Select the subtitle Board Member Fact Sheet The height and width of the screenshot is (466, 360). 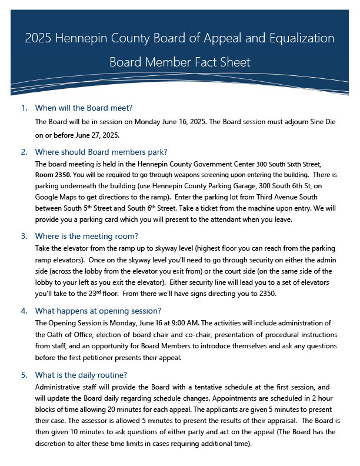coord(180,62)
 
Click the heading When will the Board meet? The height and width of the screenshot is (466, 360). coord(84,108)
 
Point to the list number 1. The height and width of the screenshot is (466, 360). coord(24,108)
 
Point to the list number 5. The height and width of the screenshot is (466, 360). coord(24,375)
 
